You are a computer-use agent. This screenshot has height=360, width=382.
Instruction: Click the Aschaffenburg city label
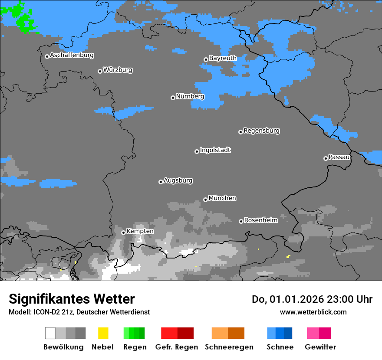72,55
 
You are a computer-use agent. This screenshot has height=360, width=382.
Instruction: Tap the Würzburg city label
118,70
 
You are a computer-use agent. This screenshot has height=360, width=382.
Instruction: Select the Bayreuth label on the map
223,58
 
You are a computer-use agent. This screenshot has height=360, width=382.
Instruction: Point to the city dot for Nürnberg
173,98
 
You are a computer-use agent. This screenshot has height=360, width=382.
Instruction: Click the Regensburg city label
261,131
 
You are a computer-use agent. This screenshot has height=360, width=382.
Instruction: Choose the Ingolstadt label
215,150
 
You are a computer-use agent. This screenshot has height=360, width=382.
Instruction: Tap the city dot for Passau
326,158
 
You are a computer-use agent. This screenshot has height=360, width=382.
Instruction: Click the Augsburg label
178,180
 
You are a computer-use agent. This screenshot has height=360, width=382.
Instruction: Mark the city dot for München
205,200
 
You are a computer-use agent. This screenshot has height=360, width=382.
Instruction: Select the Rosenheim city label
260,220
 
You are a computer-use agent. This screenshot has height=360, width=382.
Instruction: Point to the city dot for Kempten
123,232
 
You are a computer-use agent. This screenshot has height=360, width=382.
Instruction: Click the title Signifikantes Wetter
72,299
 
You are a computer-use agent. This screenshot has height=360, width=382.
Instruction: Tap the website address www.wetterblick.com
313,312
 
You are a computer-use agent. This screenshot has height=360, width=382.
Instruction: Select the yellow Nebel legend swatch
103,333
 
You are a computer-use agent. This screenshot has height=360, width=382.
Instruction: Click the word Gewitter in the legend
320,347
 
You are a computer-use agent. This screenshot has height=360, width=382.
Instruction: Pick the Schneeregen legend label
229,347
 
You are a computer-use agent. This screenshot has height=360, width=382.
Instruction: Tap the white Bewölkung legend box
50,333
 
